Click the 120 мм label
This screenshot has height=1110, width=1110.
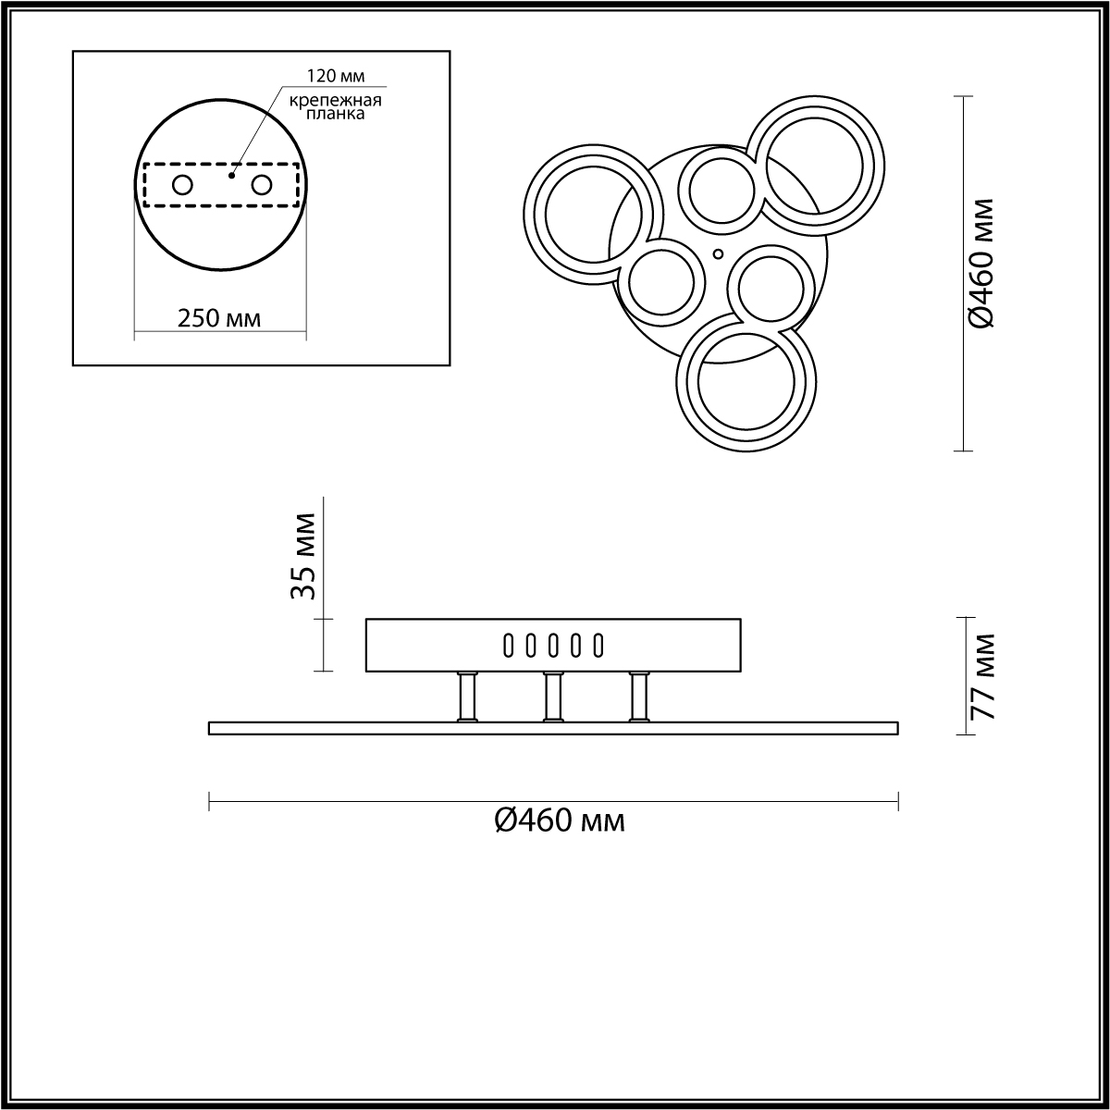(336, 76)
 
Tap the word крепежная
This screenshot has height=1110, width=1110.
(336, 101)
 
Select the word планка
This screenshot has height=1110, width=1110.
(335, 114)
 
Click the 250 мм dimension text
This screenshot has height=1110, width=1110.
(219, 318)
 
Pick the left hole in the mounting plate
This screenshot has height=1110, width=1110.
(182, 186)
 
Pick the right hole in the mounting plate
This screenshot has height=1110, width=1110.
(262, 186)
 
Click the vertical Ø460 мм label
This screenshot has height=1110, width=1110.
(982, 264)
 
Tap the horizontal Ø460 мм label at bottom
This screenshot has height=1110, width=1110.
(560, 820)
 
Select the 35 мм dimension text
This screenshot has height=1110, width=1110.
(303, 557)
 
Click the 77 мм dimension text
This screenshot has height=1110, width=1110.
(982, 676)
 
